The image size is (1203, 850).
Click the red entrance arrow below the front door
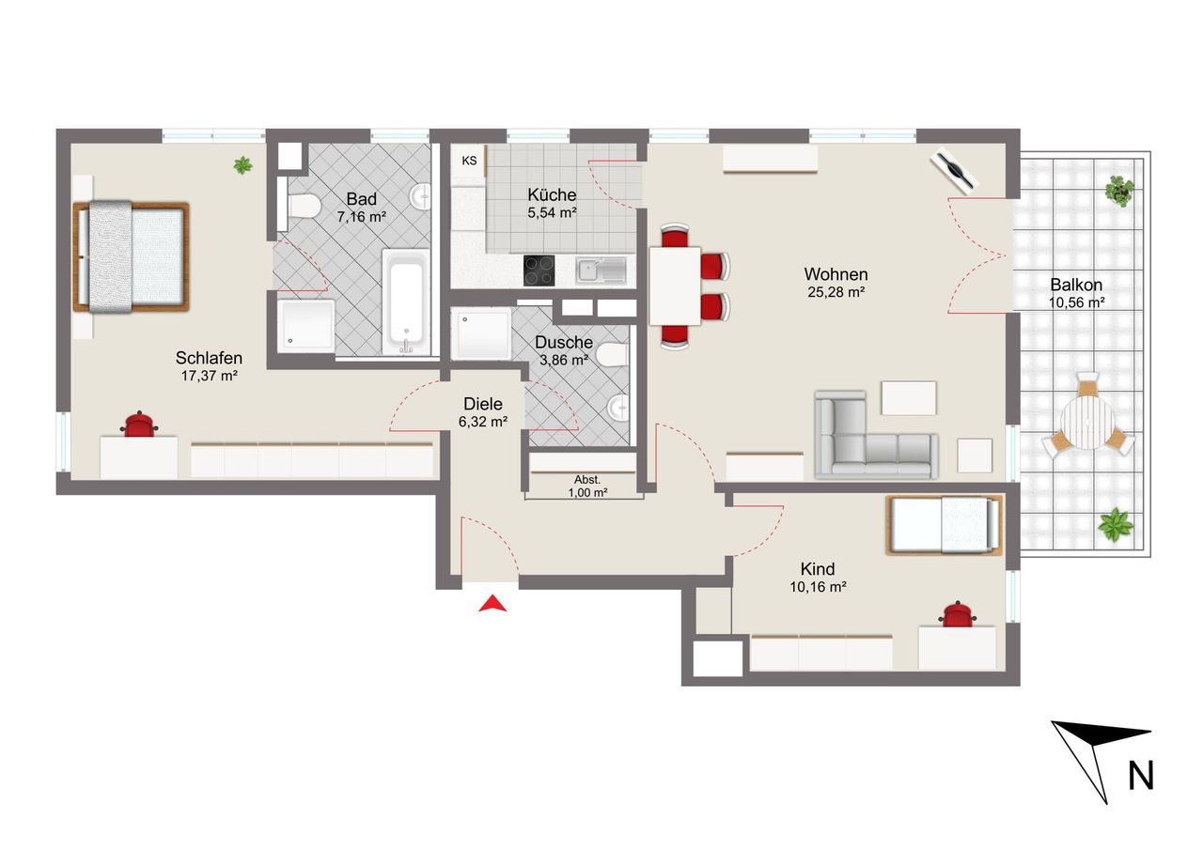492,604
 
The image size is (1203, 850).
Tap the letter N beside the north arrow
1141,776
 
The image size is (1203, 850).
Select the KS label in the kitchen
469,161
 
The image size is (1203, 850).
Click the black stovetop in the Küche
539,270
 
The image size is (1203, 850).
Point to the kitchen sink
601,270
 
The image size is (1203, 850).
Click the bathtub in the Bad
406,302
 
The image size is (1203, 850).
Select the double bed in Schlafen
132,257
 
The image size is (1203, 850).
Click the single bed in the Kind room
944,525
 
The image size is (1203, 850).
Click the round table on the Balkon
1088,423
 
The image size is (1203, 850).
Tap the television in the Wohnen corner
955,171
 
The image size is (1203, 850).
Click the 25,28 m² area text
836,292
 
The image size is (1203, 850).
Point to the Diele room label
483,404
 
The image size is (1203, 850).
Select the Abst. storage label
587,479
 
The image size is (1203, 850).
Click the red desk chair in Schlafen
139,424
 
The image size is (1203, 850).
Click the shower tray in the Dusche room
480,333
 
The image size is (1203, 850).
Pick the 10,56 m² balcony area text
1077,302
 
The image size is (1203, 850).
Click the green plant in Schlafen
242,165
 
